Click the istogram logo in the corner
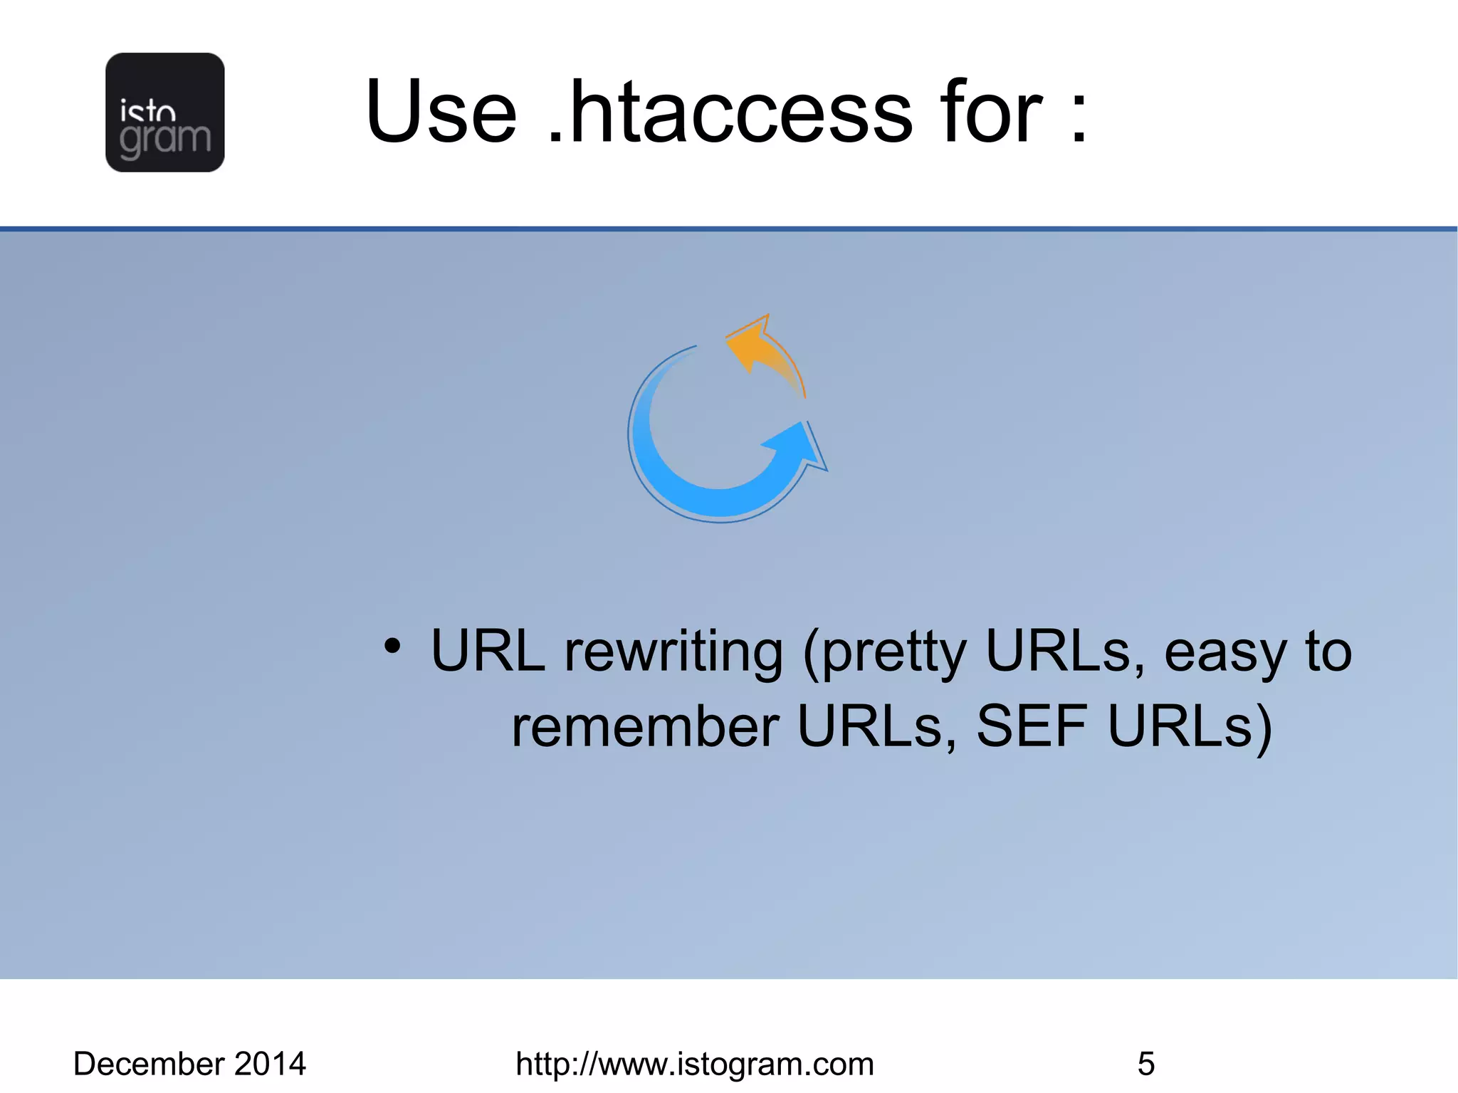[164, 112]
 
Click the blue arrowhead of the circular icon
[797, 445]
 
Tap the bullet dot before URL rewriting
[392, 646]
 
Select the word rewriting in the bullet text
[673, 652]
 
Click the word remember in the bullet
[645, 727]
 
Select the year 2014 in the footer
[270, 1064]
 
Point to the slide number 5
[1145, 1064]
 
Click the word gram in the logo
[165, 139]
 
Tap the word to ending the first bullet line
[1328, 652]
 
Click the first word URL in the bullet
[488, 652]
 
